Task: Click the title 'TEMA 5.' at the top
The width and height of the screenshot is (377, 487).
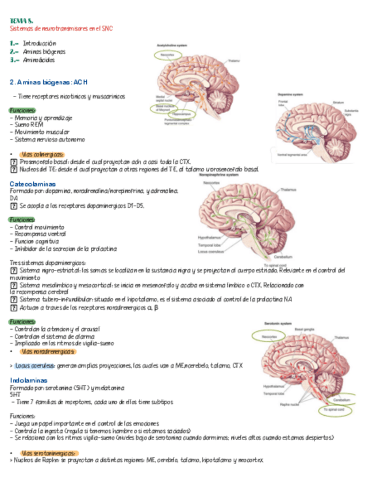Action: pyautogui.click(x=22, y=21)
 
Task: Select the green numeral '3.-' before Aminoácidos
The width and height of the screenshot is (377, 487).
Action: pyautogui.click(x=14, y=60)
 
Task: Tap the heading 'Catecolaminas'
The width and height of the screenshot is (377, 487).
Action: pyautogui.click(x=32, y=184)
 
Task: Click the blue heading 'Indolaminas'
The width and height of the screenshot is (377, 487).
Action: pyautogui.click(x=28, y=381)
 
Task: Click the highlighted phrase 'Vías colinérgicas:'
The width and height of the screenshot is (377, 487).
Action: pyautogui.click(x=43, y=154)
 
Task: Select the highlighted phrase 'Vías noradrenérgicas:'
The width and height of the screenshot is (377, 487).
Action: pyautogui.click(x=48, y=351)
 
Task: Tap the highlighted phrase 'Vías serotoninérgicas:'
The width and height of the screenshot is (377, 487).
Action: pyautogui.click(x=49, y=453)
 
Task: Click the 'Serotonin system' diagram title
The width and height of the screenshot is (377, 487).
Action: pyautogui.click(x=280, y=323)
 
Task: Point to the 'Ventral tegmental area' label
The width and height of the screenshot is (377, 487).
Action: pyautogui.click(x=291, y=154)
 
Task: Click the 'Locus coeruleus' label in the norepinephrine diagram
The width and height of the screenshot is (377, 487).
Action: pyautogui.click(x=211, y=252)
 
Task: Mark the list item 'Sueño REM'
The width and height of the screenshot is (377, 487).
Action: pyautogui.click(x=26, y=124)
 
